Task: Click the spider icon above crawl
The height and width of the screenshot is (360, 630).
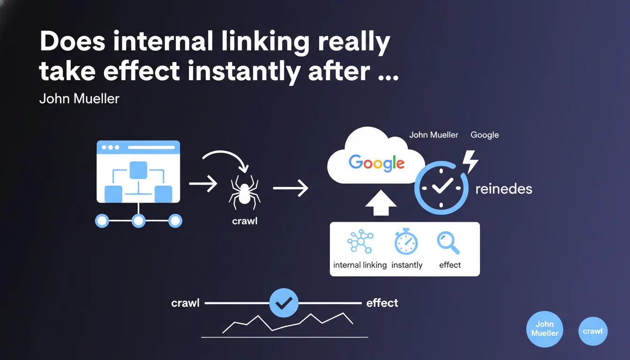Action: tap(244, 192)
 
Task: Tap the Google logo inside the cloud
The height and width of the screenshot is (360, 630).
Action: tap(376, 163)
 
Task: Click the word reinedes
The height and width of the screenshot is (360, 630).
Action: tap(504, 189)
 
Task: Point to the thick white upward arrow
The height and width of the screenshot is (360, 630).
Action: tap(381, 203)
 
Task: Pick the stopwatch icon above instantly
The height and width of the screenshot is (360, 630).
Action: tap(406, 241)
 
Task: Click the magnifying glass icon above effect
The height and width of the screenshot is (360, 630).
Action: tap(448, 243)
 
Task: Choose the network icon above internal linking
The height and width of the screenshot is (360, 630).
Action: tap(360, 241)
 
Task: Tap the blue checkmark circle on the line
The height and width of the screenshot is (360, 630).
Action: tap(284, 303)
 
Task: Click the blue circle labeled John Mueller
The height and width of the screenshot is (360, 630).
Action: tap(545, 329)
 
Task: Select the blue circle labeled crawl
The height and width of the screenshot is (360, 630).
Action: tap(593, 331)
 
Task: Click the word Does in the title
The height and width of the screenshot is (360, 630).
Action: tap(73, 41)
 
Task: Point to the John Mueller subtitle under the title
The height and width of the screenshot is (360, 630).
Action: tap(79, 99)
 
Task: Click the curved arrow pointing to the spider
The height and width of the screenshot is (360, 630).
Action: tap(225, 153)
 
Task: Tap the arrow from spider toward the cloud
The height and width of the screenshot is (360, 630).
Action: tap(291, 188)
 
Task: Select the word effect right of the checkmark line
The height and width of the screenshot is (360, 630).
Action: tap(382, 303)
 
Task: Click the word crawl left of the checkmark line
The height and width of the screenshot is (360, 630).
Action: tap(185, 303)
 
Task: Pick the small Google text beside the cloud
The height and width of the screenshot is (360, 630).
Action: tap(485, 135)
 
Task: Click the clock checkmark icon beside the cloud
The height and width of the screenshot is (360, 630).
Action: tap(441, 187)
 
